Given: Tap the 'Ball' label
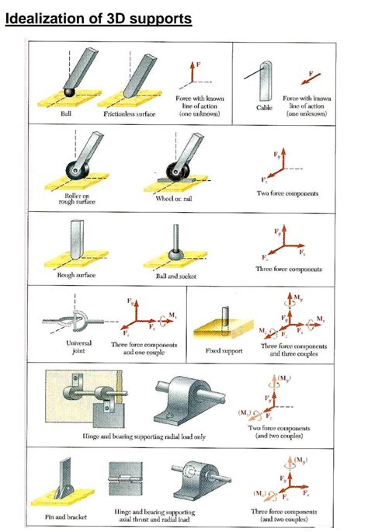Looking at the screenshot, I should point(68,113).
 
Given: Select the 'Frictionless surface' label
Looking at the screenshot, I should point(130,113).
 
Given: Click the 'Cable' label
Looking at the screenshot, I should point(264,109).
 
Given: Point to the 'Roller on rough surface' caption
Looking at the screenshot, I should point(75,200).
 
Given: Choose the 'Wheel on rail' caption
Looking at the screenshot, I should point(179,199).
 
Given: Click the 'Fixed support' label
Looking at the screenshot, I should point(224,351).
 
